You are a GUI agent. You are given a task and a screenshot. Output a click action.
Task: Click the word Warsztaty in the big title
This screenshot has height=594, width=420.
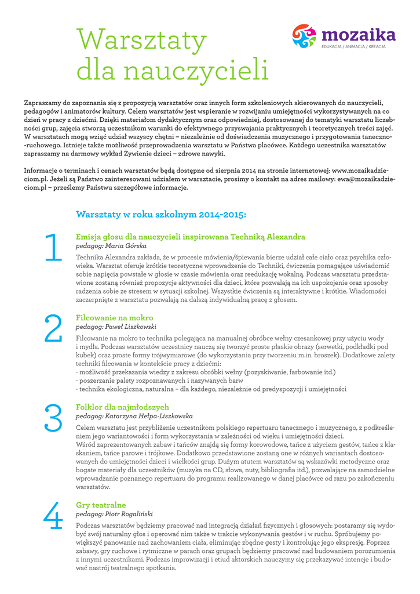[x=142, y=40]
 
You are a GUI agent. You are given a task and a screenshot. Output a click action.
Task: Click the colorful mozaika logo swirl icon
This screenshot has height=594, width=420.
[x=304, y=36]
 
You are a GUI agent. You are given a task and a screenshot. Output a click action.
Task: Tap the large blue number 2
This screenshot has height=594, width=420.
[x=53, y=328]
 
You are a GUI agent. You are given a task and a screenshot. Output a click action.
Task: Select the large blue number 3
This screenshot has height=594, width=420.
[x=53, y=418]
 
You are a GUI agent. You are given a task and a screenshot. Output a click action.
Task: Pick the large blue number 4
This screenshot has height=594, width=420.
[x=53, y=516]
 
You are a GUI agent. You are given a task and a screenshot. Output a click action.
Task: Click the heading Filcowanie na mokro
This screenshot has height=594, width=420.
[x=115, y=318]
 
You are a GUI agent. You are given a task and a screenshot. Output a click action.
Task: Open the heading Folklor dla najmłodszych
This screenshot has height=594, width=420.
[x=122, y=407]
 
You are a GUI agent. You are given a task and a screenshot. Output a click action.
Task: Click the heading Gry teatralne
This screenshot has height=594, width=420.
[x=101, y=505]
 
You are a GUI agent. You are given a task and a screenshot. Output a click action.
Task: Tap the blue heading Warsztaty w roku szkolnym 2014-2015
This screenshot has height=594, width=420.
[x=161, y=215]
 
